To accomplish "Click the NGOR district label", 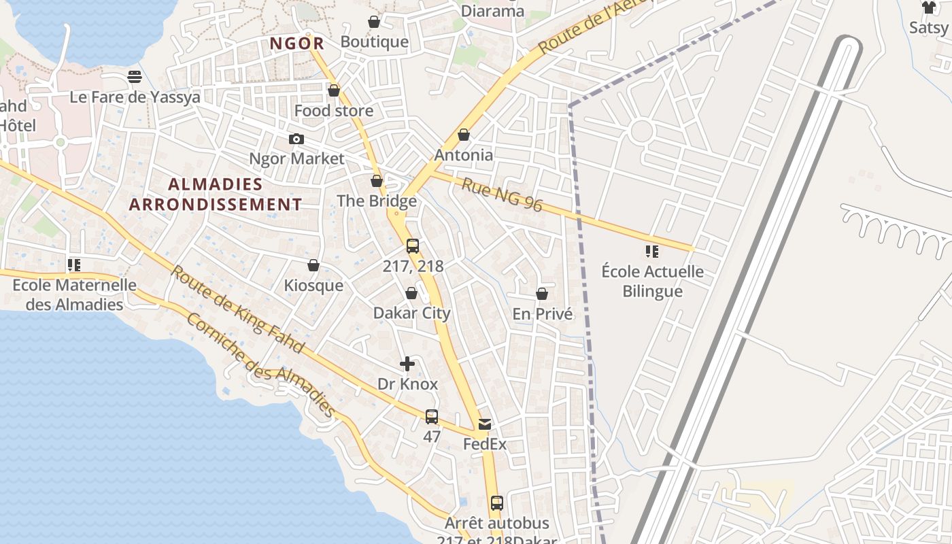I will (x=296, y=44).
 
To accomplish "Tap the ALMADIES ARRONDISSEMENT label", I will (x=216, y=194).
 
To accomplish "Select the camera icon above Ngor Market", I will (x=296, y=139).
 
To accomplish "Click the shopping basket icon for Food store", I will (x=334, y=90).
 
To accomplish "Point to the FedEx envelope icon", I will (x=485, y=424).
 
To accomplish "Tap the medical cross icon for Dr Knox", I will (x=407, y=364).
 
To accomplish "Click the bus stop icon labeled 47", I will (x=432, y=417).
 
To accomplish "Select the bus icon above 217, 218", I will (x=413, y=246).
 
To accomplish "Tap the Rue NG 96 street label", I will (x=503, y=194).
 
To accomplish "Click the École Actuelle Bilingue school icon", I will (x=652, y=252).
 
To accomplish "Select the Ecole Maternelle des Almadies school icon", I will (x=74, y=265).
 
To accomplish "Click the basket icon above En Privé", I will (x=542, y=294).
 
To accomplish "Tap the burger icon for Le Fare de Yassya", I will (x=135, y=76).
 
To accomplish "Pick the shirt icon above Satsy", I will (x=929, y=7).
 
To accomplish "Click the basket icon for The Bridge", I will (x=377, y=182).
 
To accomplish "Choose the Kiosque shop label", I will (x=313, y=285).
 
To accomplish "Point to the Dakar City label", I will (x=411, y=313).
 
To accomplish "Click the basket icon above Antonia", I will (x=464, y=135).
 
